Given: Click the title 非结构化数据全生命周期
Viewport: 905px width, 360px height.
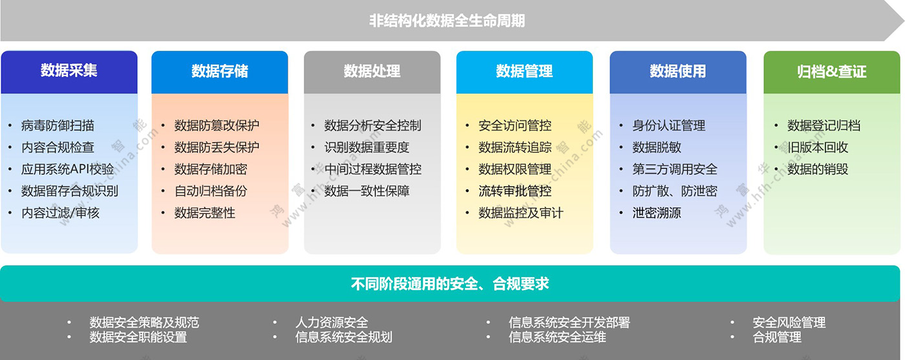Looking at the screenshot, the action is (447, 21).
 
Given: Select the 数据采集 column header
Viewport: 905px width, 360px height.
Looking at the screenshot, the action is (69, 72).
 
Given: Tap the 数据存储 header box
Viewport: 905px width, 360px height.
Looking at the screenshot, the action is (220, 72).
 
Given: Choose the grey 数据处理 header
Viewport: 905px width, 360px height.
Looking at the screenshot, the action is (372, 72).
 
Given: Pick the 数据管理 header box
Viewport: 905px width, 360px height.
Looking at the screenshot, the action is (524, 72).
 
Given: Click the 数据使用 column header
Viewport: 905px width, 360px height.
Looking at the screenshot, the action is (678, 72).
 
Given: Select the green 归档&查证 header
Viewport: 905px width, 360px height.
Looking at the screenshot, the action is (832, 72).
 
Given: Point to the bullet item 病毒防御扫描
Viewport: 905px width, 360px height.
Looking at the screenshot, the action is (58, 125).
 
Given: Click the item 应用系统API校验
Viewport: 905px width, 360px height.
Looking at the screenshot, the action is (67, 169).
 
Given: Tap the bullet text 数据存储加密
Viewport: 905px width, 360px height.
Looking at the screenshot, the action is (211, 169).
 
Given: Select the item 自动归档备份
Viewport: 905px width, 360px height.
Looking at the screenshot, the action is (211, 191).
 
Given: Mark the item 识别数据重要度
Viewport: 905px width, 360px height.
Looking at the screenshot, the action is (367, 147).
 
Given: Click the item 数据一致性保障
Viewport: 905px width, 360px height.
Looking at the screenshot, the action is (367, 191).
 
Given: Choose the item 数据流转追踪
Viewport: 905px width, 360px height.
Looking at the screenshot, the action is (515, 147).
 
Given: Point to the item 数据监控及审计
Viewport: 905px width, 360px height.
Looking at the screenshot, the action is (521, 213).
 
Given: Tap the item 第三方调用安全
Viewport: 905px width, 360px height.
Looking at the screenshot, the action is (675, 169).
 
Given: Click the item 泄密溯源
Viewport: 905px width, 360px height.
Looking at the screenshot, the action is (657, 213).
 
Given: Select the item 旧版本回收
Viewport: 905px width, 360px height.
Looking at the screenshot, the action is (818, 147).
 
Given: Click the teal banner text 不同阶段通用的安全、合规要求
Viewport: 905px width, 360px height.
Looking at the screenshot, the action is (450, 284).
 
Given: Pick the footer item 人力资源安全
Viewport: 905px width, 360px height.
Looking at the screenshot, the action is (332, 323).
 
